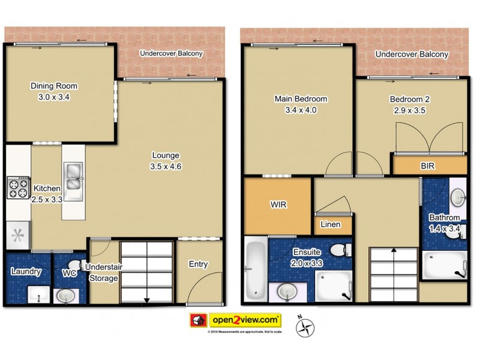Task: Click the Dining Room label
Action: click(54, 86)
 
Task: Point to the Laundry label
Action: click(26, 272)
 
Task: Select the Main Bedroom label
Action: click(301, 99)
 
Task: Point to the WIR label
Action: click(278, 205)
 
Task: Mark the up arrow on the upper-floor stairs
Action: click(393, 252)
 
